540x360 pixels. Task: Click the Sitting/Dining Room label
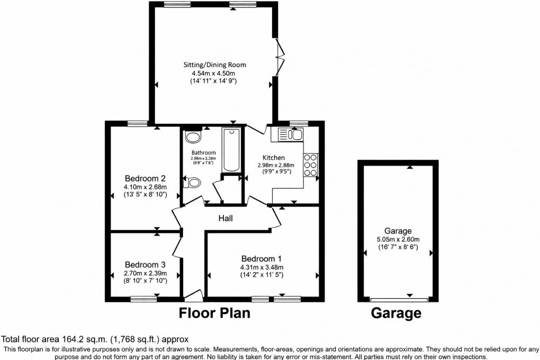(214, 65)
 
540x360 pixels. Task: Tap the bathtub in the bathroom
(231, 150)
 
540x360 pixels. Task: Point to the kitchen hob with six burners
(310, 165)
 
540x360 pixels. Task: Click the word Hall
(226, 218)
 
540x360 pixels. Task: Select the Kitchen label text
(274, 158)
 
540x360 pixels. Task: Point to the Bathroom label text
(203, 152)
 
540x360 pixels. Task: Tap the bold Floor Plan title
(213, 313)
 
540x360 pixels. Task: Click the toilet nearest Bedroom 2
(193, 183)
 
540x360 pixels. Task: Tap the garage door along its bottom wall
(398, 298)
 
